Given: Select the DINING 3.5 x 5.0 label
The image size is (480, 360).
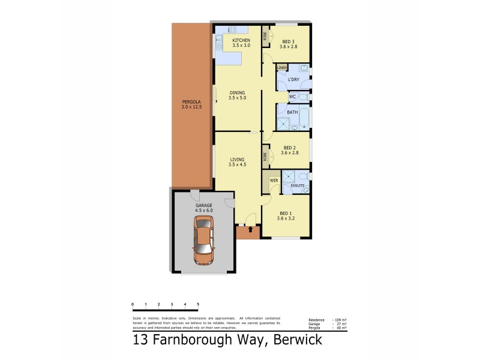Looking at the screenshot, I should point(238,95).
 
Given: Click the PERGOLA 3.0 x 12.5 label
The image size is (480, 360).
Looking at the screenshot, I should point(191,104).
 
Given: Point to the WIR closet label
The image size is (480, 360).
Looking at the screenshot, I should point(273,180).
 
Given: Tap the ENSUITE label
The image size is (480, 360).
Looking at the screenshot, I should point(298,186).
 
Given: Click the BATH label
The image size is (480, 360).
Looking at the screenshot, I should point(292,112).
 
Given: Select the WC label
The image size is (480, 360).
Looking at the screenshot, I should point(292,97).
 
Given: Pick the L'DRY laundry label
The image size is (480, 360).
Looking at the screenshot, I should point(293,80).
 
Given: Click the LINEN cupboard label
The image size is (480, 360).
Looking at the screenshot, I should point(281,68).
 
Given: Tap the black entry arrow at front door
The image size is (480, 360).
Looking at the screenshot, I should point(250,229).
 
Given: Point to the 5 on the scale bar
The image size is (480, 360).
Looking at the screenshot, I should point(198,305).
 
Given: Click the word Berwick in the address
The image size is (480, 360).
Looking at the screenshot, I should point(298,340).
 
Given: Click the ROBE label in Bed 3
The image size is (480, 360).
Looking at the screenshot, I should point(265,35).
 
